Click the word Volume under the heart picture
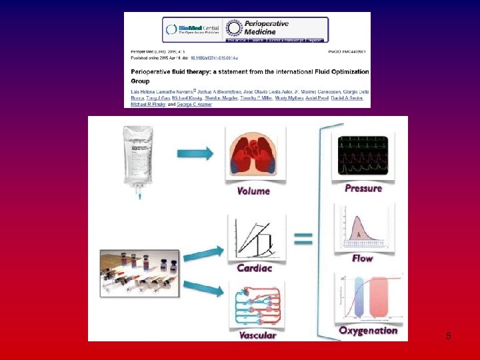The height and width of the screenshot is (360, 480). pos(254,191)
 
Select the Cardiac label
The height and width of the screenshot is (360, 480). pos(254,268)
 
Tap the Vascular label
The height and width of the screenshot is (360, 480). pos(257,335)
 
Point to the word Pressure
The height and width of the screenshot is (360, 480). pos(363,189)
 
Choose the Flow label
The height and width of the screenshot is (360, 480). pos(363,258)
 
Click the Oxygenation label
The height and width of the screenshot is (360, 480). pos(368,331)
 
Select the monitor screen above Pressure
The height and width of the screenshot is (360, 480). pos(363,156)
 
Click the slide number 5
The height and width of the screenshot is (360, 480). pos(449,337)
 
